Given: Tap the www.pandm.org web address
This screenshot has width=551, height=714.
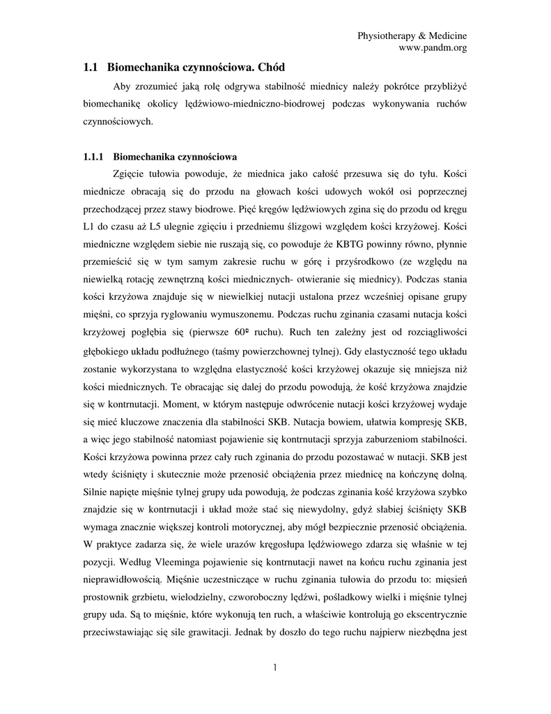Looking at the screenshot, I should pos(432,47).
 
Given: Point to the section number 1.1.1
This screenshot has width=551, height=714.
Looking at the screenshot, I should pos(93,157).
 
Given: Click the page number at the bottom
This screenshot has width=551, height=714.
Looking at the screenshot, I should pos(275,667).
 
